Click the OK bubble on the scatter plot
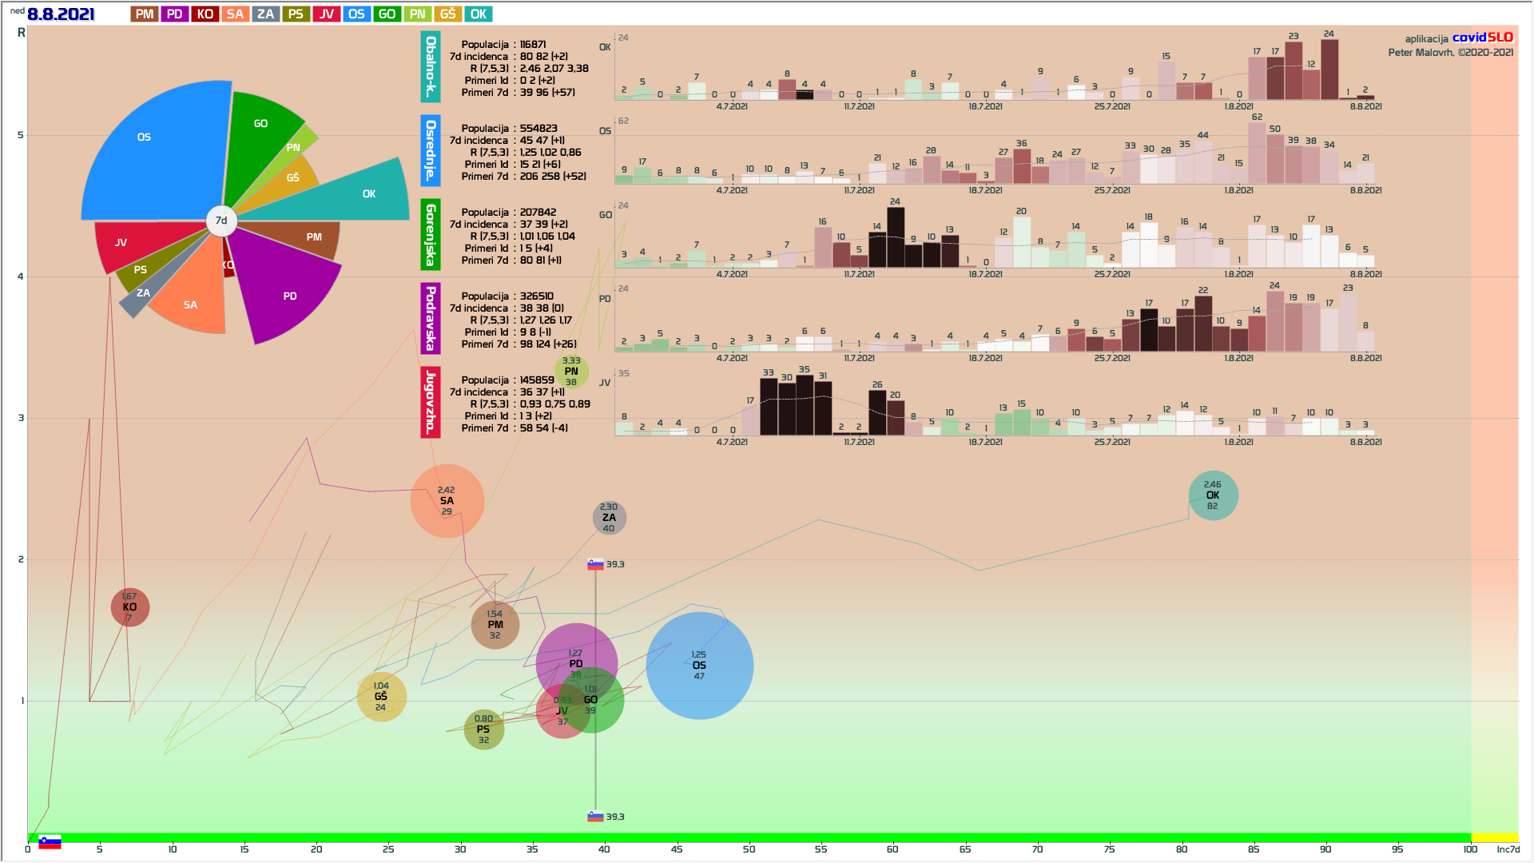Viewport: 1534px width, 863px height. point(1213,495)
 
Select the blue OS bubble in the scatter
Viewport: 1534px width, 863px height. point(699,666)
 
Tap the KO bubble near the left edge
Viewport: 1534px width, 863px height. point(129,607)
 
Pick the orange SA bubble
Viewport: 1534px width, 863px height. point(447,501)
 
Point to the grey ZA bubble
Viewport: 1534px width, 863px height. point(609,518)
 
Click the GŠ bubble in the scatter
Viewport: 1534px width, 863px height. point(381,697)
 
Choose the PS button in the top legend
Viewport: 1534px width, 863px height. point(296,14)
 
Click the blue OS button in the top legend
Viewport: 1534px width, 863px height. point(356,14)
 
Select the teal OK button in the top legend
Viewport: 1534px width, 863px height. point(478,14)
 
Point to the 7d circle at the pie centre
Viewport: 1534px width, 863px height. point(221,221)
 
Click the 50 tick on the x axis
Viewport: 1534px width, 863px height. point(749,849)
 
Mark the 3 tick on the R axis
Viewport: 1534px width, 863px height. point(21,418)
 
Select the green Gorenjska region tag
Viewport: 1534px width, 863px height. point(430,234)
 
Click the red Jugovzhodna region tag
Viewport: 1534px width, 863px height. point(430,402)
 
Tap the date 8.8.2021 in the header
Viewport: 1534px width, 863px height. point(61,14)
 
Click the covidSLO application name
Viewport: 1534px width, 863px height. point(1482,38)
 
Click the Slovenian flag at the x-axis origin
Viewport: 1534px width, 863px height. point(50,842)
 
